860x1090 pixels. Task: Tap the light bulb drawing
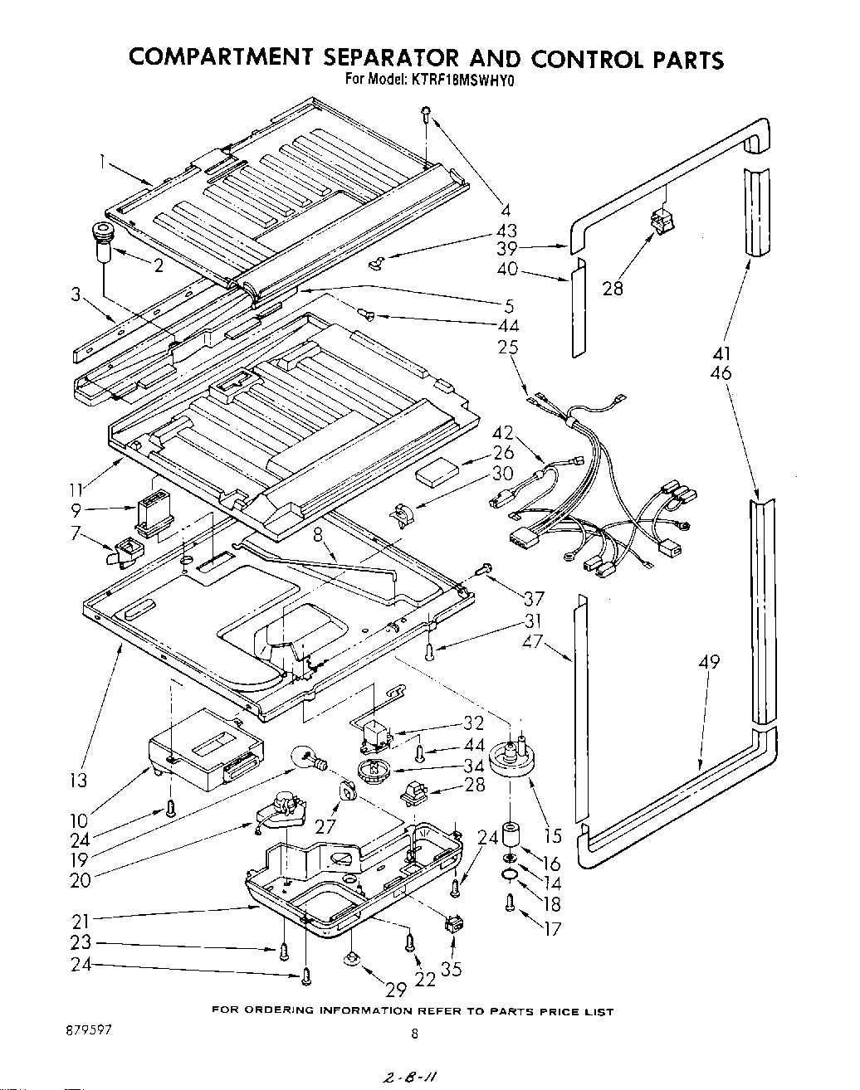coord(306,757)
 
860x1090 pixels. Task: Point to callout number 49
coord(708,662)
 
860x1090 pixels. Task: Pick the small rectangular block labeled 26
coord(436,476)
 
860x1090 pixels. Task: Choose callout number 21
coord(81,918)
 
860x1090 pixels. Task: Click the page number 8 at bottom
coord(413,1034)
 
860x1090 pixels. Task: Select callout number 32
coord(473,724)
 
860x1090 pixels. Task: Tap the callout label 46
coord(721,373)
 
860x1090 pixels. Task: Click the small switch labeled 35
coord(453,925)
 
